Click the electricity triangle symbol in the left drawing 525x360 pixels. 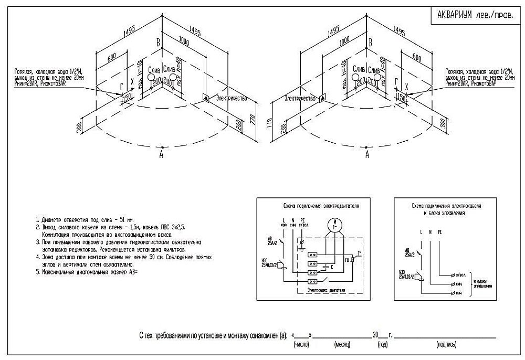(x=206, y=98)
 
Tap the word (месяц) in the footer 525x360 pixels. (x=342, y=344)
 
